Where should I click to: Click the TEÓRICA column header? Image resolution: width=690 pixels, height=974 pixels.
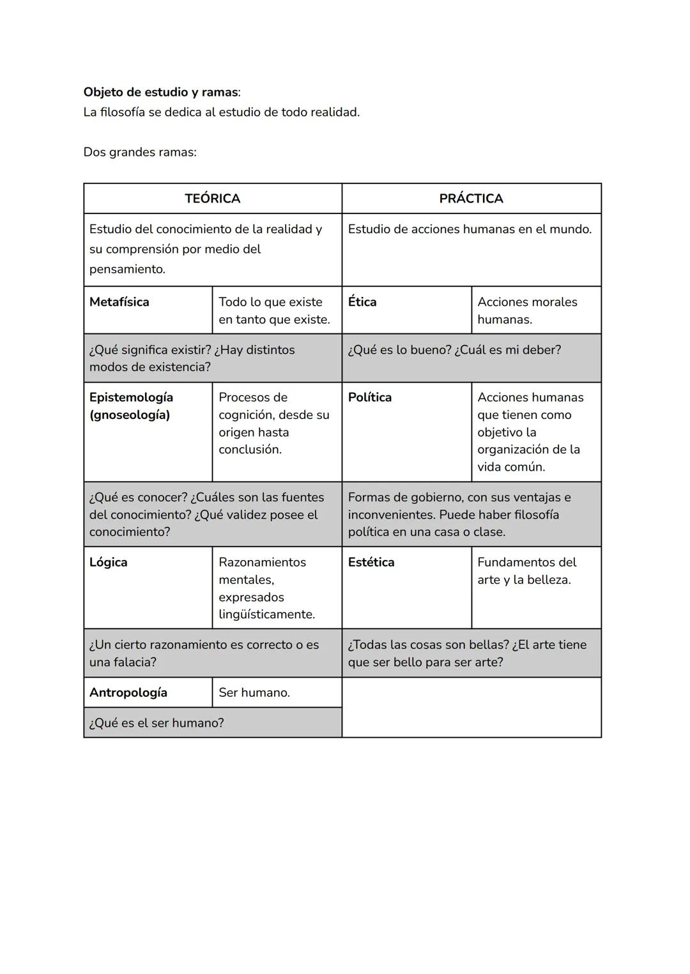click(x=212, y=199)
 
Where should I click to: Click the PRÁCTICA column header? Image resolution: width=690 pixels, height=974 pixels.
click(x=471, y=199)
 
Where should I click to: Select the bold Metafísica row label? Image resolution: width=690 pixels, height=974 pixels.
click(x=119, y=302)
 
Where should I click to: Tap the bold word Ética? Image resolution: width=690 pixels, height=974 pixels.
click(x=362, y=302)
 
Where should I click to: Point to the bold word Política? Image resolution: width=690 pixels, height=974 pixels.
click(x=370, y=397)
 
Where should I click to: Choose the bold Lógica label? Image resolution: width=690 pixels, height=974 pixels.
click(x=109, y=562)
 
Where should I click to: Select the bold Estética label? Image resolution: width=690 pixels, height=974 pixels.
click(x=371, y=562)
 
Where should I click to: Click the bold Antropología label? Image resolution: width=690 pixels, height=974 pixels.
click(x=128, y=692)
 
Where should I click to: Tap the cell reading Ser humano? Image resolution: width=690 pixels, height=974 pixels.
click(x=254, y=692)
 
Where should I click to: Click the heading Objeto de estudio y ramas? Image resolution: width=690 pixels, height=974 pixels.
click(x=161, y=92)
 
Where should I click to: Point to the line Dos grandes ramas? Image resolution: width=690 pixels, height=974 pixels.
click(x=140, y=152)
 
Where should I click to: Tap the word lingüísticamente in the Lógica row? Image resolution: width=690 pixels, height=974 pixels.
click(x=266, y=614)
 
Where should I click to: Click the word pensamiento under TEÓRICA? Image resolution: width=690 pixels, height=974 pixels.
click(x=127, y=269)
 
